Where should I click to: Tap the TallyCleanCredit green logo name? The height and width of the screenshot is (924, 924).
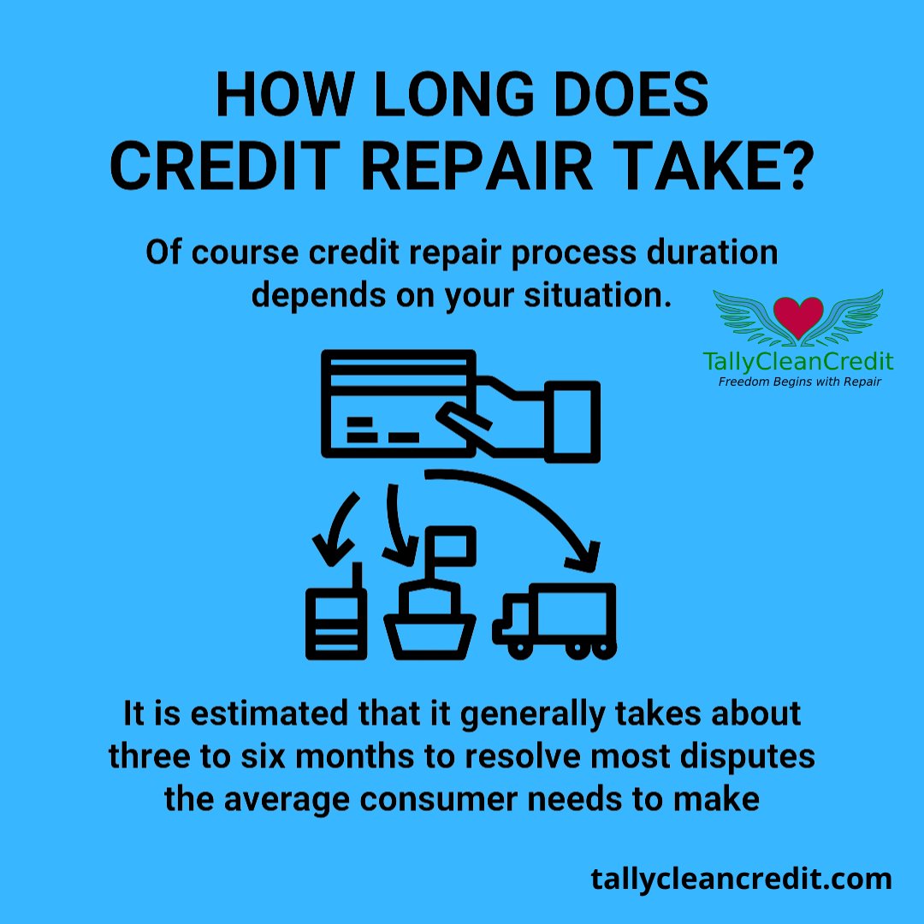point(798,362)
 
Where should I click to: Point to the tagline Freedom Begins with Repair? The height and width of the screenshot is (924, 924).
point(798,382)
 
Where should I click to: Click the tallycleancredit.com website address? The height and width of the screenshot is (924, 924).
point(741,879)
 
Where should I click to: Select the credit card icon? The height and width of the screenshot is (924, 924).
point(398,398)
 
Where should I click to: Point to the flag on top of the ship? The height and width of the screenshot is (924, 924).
point(453,544)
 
